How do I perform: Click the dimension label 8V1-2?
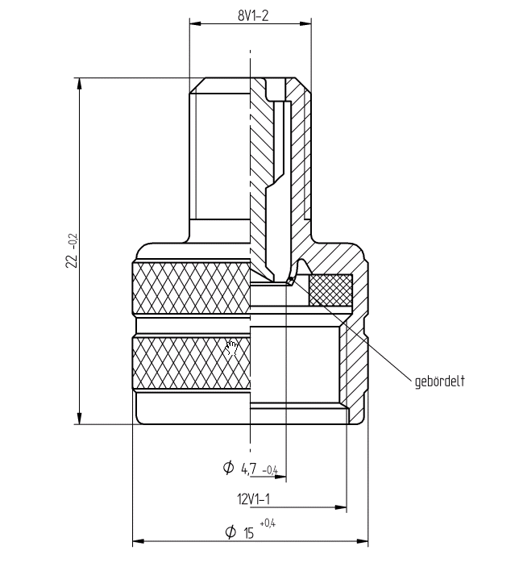[253, 15]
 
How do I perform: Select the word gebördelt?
[439, 382]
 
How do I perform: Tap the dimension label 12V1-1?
[253, 499]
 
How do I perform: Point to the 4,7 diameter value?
[249, 469]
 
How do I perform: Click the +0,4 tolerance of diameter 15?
[268, 523]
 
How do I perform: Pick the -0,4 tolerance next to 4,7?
[270, 470]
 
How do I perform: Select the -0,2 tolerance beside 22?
[73, 242]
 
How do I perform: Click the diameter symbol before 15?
[230, 532]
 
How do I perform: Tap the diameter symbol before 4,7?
[228, 467]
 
